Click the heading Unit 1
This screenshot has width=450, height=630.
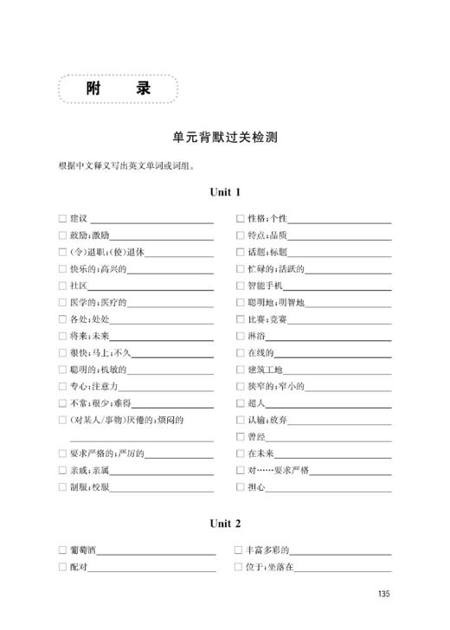225,193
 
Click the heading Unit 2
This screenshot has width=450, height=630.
225,524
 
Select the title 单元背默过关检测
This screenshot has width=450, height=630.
224,136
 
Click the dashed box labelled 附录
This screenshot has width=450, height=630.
118,89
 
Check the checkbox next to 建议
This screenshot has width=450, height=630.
62,218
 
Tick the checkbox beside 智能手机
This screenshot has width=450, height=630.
241,285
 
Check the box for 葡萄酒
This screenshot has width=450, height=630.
62,550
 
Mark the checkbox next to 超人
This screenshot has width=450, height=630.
241,403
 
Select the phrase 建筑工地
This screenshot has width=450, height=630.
265,370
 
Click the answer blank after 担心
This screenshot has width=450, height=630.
329,488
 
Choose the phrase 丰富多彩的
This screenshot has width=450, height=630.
267,550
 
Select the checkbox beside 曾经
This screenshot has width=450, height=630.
241,437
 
